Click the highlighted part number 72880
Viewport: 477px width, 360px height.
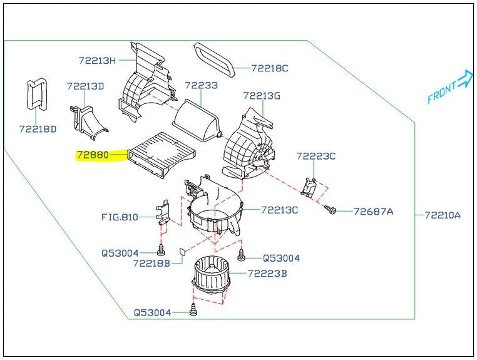[x=93, y=153]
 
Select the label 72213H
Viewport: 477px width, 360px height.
[x=97, y=61]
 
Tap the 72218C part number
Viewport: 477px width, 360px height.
[x=270, y=68]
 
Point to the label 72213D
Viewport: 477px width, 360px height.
[x=85, y=86]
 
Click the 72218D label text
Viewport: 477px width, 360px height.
[x=37, y=129]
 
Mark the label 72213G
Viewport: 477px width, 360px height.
[x=262, y=96]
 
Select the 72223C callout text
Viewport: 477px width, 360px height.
[x=316, y=156]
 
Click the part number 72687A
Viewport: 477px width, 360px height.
[x=373, y=212]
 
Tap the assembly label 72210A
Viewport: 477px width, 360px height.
[x=442, y=215]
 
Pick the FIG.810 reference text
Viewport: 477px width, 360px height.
[x=120, y=217]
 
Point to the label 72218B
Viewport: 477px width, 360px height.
[x=151, y=264]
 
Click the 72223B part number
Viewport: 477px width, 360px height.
[x=267, y=273]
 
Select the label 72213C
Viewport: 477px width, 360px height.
[x=279, y=210]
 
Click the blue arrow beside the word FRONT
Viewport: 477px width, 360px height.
[x=464, y=78]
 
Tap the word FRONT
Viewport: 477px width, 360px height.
[x=443, y=92]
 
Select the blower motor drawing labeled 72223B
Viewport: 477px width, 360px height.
[x=212, y=276]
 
